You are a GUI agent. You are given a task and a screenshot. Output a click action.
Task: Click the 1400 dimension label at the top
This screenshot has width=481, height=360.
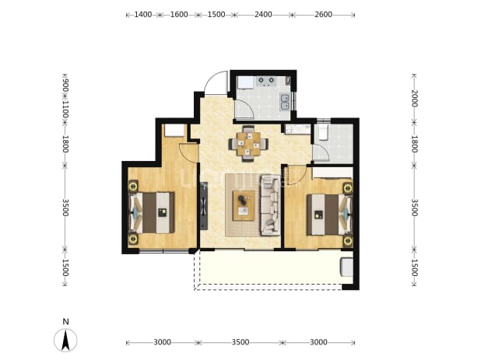tap(143, 15)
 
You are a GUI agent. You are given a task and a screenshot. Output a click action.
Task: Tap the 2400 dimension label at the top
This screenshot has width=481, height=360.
tap(263, 15)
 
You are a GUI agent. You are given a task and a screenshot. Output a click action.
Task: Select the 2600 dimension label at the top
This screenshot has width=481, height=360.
tap(323, 15)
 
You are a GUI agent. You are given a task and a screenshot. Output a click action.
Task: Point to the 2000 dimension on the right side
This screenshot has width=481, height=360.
tap(414, 98)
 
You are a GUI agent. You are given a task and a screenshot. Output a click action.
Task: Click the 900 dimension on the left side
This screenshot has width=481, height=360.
tap(65, 85)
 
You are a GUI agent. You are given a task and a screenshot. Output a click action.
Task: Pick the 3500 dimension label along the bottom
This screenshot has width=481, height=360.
tap(240, 342)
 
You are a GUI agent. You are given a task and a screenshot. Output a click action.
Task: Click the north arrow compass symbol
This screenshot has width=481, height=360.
tap(65, 340)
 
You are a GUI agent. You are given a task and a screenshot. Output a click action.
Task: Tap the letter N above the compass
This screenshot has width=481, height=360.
tap(65, 322)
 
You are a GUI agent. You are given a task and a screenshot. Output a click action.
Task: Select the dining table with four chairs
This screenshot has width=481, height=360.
tap(248, 144)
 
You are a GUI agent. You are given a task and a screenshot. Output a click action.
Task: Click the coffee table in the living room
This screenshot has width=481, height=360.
tap(244, 205)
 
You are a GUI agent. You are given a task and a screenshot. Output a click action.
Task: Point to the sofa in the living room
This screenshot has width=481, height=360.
tap(270, 205)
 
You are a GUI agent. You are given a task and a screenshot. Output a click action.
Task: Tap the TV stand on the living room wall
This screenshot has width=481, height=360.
tap(204, 206)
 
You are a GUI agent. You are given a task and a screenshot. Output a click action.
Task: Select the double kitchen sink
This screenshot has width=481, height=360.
tap(285, 102)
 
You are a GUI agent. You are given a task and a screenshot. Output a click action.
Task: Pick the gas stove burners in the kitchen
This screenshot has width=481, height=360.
tap(266, 80)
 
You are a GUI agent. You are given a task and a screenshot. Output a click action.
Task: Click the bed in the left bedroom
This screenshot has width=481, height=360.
tap(152, 212)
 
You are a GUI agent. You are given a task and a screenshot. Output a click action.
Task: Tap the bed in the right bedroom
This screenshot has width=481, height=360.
tap(329, 215)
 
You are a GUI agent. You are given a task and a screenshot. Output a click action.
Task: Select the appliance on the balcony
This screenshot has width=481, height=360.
tap(346, 267)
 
